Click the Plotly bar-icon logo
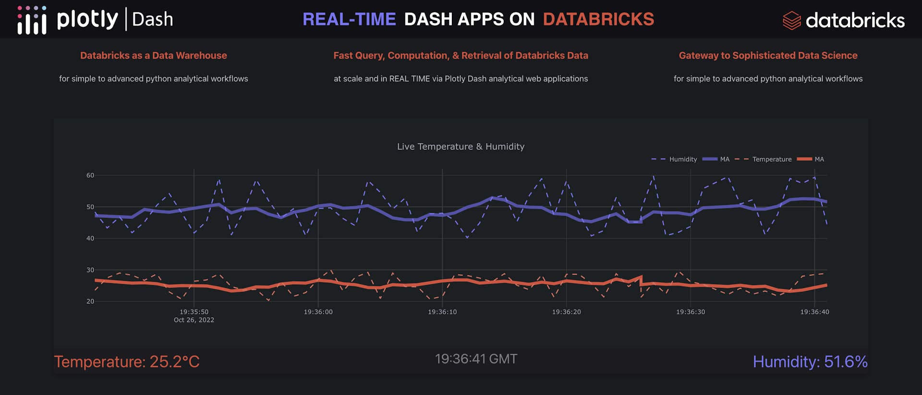click(x=32, y=20)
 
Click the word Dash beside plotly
click(x=152, y=20)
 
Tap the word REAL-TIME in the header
click(x=349, y=19)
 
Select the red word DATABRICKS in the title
click(x=598, y=19)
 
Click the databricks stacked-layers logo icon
click(x=791, y=21)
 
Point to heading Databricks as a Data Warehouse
click(x=153, y=56)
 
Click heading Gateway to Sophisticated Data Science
click(x=768, y=56)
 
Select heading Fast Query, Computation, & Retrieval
click(x=461, y=56)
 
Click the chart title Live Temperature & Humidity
click(x=461, y=146)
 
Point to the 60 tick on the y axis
click(x=90, y=175)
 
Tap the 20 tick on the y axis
click(x=90, y=301)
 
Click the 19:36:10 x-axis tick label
click(x=442, y=312)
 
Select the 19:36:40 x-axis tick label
click(x=814, y=312)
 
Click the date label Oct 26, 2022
click(x=194, y=320)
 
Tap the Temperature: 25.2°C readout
click(x=127, y=362)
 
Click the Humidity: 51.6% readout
click(x=810, y=362)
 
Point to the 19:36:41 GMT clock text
click(x=476, y=359)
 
